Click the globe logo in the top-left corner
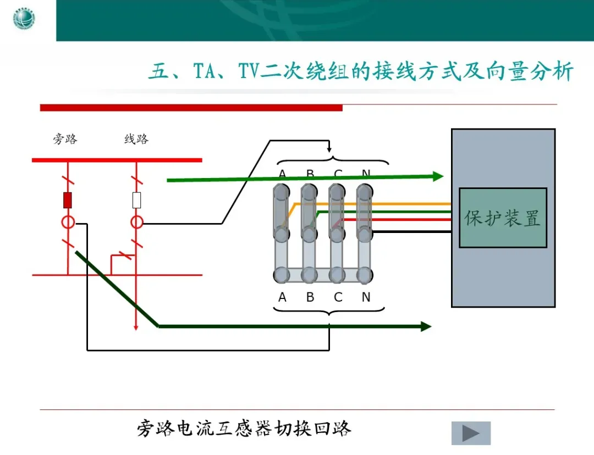[24, 20]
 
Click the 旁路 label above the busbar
[65, 139]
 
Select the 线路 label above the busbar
[136, 139]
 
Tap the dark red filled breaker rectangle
[68, 201]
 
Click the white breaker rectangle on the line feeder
[136, 201]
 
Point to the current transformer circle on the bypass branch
[68, 223]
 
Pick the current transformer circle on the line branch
[136, 223]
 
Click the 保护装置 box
[503, 218]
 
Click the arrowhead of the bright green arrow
[438, 176]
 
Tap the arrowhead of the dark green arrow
[426, 326]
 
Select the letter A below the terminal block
[282, 298]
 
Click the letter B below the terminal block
[310, 298]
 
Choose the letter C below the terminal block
[338, 298]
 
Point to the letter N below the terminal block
[366, 298]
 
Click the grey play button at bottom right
[470, 433]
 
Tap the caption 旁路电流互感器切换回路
[244, 428]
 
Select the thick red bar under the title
[191, 108]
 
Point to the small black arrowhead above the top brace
[329, 149]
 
